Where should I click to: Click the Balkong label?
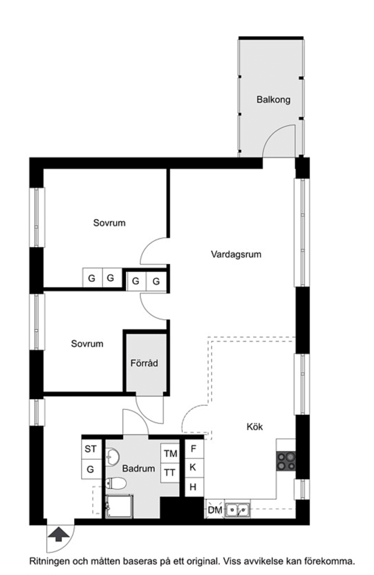[x=273, y=100]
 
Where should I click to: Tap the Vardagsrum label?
[x=236, y=255]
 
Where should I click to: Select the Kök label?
[x=254, y=426]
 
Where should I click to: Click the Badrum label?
[x=138, y=468]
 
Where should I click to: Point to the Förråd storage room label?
[x=144, y=363]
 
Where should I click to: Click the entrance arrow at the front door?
[x=58, y=534]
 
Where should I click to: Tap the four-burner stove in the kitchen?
[x=286, y=461]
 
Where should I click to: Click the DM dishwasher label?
[x=215, y=510]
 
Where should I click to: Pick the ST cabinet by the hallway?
[x=90, y=449]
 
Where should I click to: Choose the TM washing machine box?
[x=170, y=454]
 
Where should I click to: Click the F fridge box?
[x=193, y=449]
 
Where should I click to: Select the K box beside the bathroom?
[x=193, y=467]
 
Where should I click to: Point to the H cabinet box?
[x=193, y=487]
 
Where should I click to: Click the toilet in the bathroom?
[x=116, y=484]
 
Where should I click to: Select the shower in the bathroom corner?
[x=118, y=506]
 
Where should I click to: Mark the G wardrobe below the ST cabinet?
[x=90, y=469]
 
